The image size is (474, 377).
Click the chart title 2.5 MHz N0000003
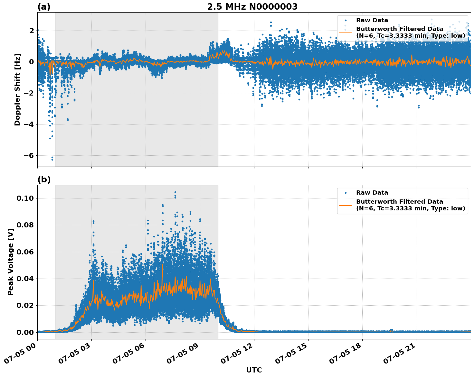[252, 7]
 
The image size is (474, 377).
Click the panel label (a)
[44, 7]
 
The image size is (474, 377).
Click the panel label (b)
[44, 179]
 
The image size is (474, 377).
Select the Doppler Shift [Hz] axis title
[17, 89]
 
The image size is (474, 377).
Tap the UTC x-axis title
[254, 370]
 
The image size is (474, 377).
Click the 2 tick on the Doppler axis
[32, 31]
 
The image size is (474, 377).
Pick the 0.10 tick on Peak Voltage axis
[25, 198]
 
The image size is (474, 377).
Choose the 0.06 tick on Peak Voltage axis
[25, 252]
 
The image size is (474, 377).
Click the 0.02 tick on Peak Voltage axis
[25, 305]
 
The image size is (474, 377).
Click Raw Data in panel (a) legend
[372, 20]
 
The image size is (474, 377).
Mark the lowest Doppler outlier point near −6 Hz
[52, 160]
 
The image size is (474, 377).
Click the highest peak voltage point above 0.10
[175, 192]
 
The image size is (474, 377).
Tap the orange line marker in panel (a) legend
[346, 32]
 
